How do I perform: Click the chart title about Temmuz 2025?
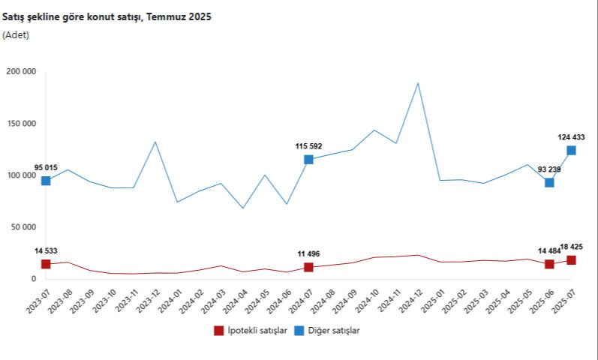click(107, 17)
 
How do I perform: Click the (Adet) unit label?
click(16, 34)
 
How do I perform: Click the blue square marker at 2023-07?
click(46, 181)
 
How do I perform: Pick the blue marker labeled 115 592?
click(308, 160)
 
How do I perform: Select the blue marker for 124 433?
click(571, 151)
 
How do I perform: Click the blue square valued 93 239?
click(549, 182)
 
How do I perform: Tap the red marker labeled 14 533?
click(46, 264)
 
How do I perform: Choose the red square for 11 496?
click(308, 267)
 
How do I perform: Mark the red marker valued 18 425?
click(571, 260)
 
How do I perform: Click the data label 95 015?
click(47, 167)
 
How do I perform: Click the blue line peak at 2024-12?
click(418, 83)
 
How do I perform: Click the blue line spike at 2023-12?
click(155, 142)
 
